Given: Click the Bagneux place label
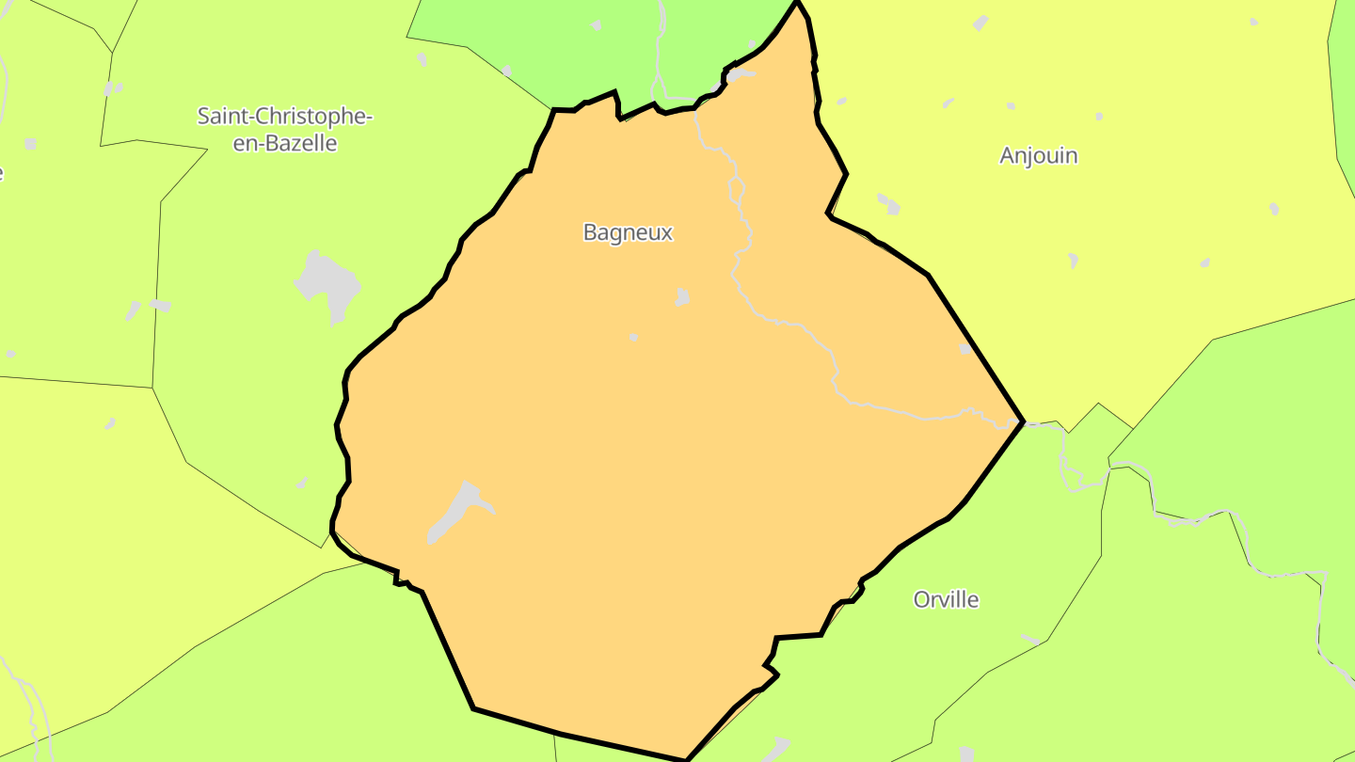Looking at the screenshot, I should point(628,232).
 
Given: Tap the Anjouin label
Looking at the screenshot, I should point(1038,155).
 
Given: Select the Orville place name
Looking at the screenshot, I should point(946,599).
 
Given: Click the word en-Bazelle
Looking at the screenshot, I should point(284,143).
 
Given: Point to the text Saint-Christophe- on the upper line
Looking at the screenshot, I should point(284,117).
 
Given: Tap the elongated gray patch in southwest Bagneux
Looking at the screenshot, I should point(455,510).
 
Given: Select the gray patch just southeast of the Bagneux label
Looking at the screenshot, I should point(682,297).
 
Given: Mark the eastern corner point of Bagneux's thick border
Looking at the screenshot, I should point(1022,421).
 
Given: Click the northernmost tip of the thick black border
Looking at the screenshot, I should point(797,3).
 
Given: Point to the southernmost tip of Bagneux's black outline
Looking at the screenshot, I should point(686,758).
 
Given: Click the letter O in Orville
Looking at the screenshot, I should point(921,599).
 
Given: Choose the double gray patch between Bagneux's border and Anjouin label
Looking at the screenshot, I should point(888,203).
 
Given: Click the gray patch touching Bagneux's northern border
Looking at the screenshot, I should point(739,73).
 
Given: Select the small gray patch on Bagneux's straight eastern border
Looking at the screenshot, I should point(965,349).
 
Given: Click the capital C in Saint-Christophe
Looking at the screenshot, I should point(245,117).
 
